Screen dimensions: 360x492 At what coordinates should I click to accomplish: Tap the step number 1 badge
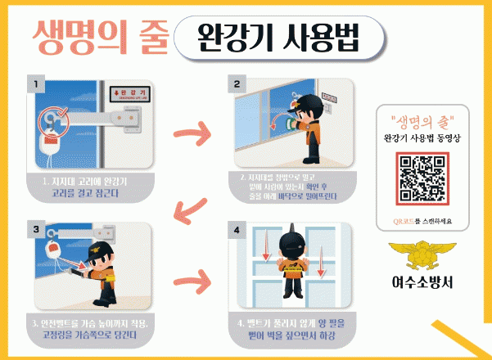click(34, 83)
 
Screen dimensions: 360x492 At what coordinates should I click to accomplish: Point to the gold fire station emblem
click(421, 254)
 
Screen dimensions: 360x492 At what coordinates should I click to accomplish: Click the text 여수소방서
click(421, 286)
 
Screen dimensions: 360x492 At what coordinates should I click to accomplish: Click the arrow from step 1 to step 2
click(192, 132)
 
